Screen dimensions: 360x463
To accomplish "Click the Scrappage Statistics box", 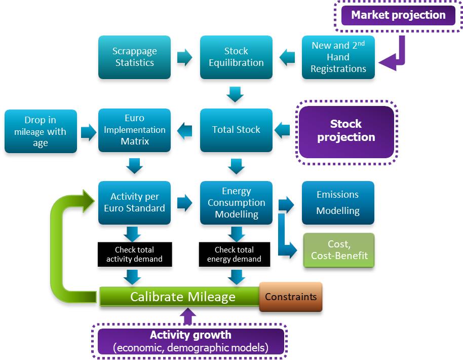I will click(x=134, y=57).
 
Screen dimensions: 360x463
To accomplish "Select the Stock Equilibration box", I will click(x=236, y=57).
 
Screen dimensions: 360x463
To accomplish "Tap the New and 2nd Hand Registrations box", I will click(x=338, y=57).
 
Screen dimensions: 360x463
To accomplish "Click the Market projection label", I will click(x=398, y=15).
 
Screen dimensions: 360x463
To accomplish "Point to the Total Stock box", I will click(x=236, y=130).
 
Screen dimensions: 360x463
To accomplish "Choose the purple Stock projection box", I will click(x=345, y=131).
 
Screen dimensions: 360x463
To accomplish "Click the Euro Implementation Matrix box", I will click(x=134, y=130).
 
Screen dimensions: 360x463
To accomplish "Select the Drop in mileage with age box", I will click(x=41, y=131).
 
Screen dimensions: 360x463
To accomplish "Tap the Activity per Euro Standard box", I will click(x=134, y=202).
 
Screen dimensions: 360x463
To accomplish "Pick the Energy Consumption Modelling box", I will click(x=236, y=202).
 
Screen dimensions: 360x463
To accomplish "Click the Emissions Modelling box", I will click(x=338, y=202).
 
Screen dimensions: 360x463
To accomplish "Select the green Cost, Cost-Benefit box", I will click(x=338, y=250).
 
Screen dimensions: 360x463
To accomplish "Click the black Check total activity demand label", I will click(x=134, y=255).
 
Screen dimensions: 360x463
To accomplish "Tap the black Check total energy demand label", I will click(x=234, y=255).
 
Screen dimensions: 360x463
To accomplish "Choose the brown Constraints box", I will click(x=291, y=297).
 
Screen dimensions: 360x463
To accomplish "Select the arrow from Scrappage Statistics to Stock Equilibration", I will click(x=184, y=57).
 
